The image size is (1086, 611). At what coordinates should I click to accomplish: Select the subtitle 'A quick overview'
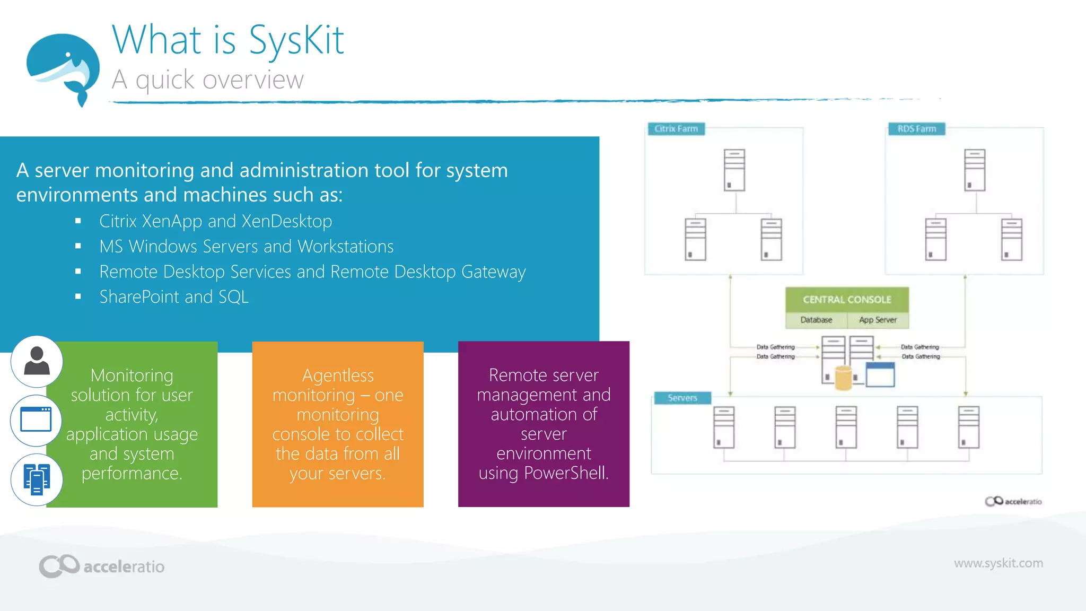point(207,80)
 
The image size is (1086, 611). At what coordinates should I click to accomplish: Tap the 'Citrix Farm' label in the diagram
point(676,129)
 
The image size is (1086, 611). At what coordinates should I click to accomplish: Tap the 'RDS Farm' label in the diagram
point(916,129)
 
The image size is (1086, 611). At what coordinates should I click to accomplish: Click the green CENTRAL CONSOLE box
point(847,300)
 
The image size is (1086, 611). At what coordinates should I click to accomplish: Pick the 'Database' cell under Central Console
point(816,320)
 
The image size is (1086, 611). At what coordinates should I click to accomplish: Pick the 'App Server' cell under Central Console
point(878,320)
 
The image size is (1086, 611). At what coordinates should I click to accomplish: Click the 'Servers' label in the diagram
point(682,398)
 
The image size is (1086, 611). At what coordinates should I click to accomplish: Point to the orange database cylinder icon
point(843,378)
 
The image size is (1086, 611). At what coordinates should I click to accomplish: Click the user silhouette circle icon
point(37,362)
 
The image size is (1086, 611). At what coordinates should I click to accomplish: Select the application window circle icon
point(36,420)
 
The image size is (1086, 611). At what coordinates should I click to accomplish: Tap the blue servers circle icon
point(37,479)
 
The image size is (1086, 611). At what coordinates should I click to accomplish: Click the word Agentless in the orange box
point(338,376)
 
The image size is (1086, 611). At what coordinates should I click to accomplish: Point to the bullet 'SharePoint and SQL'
point(174,297)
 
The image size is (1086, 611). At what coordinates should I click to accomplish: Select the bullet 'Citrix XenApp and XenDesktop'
point(215,221)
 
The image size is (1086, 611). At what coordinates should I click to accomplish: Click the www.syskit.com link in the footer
point(998,563)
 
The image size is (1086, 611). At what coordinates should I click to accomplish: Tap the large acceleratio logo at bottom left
point(102,566)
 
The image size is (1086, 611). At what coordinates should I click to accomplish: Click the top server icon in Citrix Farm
point(734,170)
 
